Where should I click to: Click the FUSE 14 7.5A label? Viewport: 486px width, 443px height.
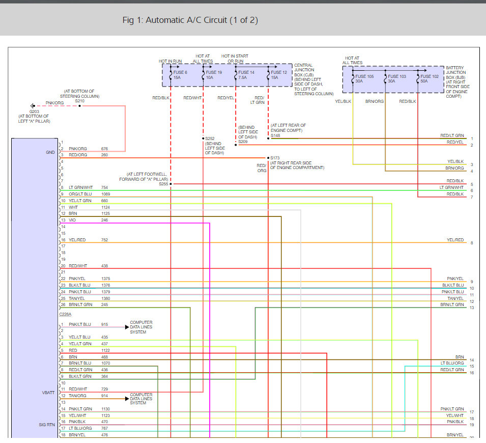(x=246, y=75)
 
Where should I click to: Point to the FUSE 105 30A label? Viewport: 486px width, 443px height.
(x=364, y=79)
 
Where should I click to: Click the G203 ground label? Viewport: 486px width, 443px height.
(x=34, y=111)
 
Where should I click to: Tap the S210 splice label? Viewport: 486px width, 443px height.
(x=79, y=101)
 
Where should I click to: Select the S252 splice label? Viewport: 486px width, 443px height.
(x=210, y=138)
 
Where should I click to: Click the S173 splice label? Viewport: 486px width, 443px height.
(x=275, y=158)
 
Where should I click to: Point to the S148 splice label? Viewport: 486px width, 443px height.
(x=275, y=135)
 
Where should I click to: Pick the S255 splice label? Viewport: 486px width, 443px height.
(x=163, y=183)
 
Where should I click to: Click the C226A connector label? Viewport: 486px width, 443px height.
(x=66, y=314)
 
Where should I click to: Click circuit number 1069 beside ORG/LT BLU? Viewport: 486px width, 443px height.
(x=105, y=194)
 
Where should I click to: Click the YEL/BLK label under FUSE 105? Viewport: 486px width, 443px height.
(x=342, y=101)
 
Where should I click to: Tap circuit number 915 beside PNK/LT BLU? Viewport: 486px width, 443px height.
(x=104, y=324)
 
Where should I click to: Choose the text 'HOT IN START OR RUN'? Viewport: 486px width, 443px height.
(x=235, y=59)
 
